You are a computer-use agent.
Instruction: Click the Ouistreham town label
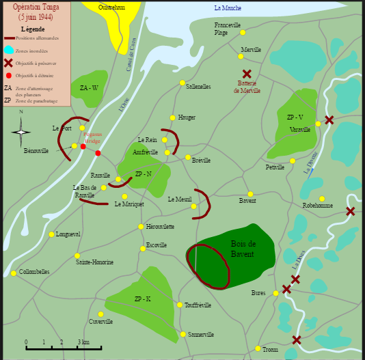111,8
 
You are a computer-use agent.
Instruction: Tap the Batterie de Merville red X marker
247,74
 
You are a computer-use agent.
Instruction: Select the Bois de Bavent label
243,249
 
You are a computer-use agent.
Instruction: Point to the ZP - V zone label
295,117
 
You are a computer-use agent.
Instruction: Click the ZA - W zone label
89,87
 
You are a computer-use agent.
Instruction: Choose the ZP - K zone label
143,299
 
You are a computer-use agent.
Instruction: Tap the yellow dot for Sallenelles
182,83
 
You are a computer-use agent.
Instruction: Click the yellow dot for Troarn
258,348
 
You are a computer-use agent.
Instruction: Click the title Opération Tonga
36,7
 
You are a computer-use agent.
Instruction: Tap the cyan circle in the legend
8,50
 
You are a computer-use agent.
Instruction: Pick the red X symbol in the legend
8,63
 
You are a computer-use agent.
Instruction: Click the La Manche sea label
228,8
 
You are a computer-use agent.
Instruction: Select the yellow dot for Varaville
318,124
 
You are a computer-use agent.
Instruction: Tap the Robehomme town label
317,206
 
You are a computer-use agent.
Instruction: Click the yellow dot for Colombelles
14,273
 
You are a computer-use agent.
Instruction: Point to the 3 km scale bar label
83,342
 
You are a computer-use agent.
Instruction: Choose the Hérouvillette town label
160,227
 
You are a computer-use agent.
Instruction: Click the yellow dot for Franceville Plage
243,32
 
